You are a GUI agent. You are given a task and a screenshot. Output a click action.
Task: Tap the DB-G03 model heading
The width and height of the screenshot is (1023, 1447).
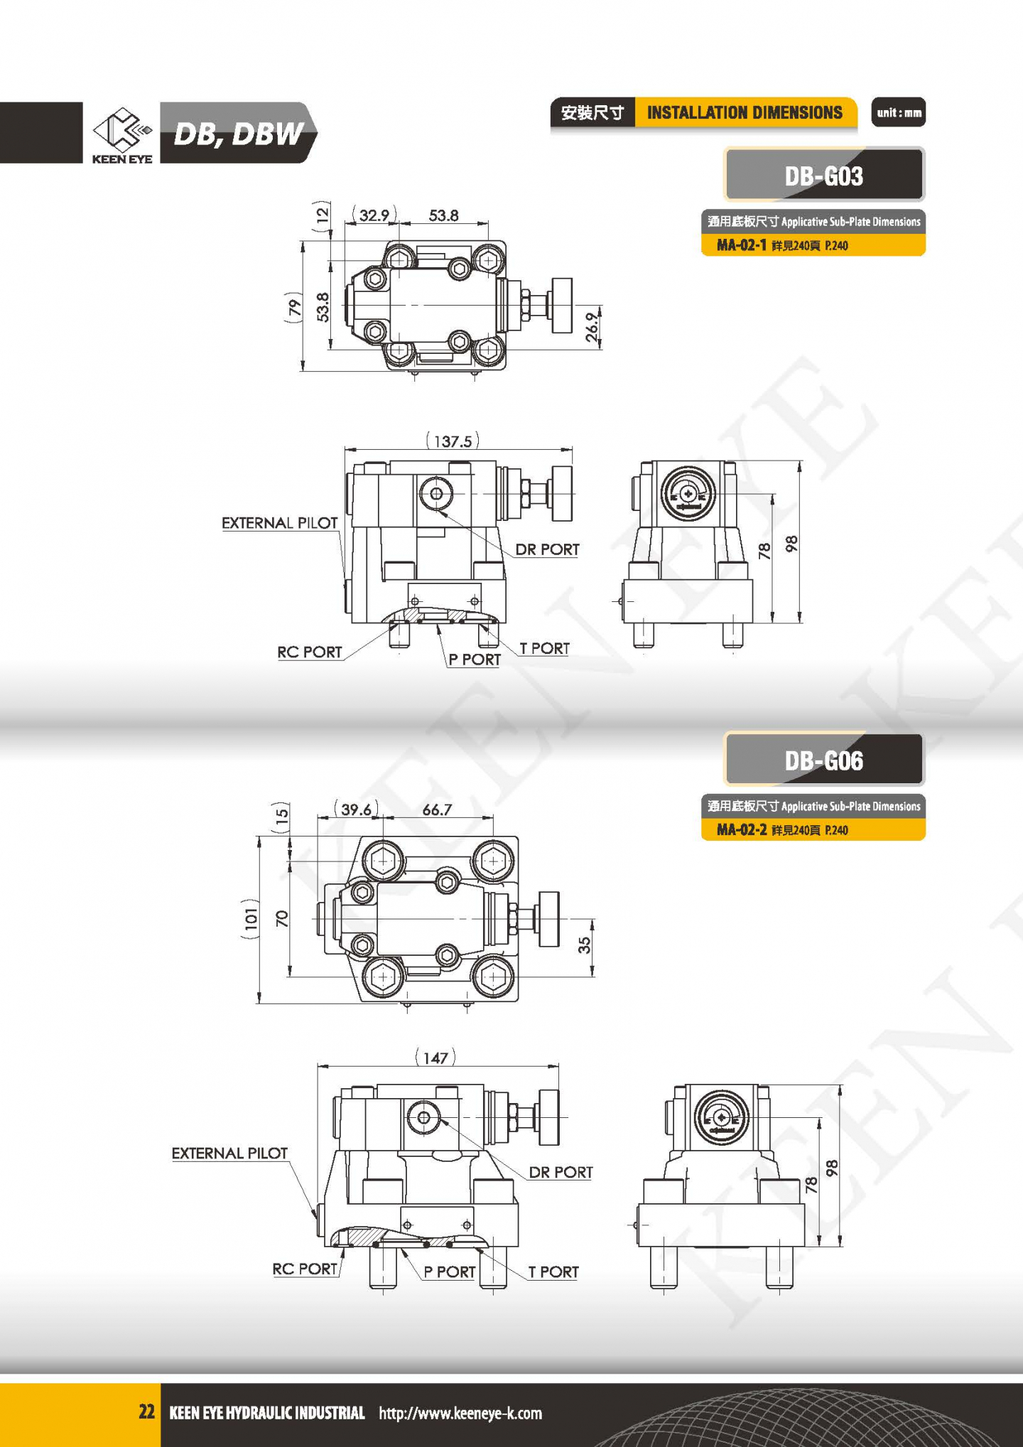(824, 176)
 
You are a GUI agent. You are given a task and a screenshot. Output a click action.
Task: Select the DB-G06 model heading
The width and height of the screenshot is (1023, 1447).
(824, 760)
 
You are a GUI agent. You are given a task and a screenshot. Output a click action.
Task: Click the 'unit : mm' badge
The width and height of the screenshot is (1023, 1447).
(899, 112)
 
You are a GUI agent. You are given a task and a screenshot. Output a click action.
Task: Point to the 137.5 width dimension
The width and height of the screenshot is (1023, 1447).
(453, 441)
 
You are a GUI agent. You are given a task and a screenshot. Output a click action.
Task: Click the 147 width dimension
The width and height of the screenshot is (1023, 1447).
(435, 1058)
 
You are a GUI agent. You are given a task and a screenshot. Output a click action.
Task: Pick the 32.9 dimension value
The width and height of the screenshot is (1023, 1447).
(374, 215)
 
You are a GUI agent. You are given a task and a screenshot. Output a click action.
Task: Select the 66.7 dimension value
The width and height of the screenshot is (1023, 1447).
(437, 809)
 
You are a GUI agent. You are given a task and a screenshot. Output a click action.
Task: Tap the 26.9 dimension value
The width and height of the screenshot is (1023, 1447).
(592, 328)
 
